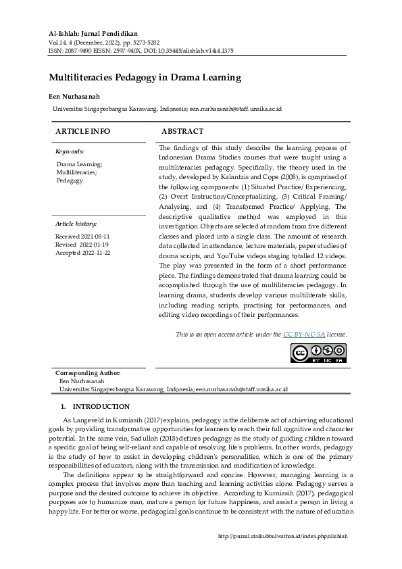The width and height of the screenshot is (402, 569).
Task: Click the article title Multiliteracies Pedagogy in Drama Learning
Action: tap(145, 78)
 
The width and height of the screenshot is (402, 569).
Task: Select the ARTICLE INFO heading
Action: tap(82, 131)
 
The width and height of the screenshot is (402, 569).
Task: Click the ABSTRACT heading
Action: tap(182, 131)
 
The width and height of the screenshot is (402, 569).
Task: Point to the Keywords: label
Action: tap(70, 151)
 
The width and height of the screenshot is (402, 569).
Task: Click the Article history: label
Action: tap(76, 223)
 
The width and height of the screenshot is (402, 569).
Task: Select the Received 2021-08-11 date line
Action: tap(82, 237)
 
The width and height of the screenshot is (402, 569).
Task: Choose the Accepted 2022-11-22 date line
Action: tap(82, 253)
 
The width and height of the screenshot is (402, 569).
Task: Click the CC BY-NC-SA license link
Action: tap(304, 334)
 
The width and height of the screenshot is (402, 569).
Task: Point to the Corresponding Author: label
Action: tap(88, 373)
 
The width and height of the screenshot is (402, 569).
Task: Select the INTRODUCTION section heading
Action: tap(101, 406)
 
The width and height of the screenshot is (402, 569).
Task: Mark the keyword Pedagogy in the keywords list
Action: tap(70, 180)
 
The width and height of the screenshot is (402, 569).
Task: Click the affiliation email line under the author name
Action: tap(167, 108)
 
